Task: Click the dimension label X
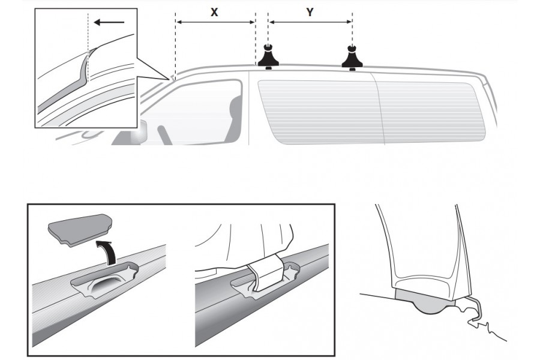[214, 11]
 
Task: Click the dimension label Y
[310, 11]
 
